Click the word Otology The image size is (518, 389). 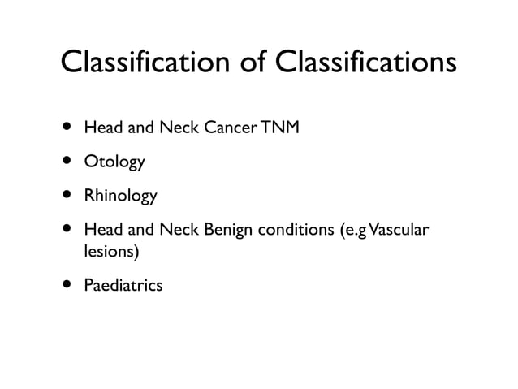114,162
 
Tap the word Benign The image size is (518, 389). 227,231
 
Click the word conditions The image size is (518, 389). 293,231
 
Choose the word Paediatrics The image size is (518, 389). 123,286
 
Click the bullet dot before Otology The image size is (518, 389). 63,162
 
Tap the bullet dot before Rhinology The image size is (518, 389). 63,196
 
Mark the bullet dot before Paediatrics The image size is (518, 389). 63,285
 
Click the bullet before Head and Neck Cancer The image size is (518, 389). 63,128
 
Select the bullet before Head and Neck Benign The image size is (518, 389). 63,230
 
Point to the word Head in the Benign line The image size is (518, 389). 101,231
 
